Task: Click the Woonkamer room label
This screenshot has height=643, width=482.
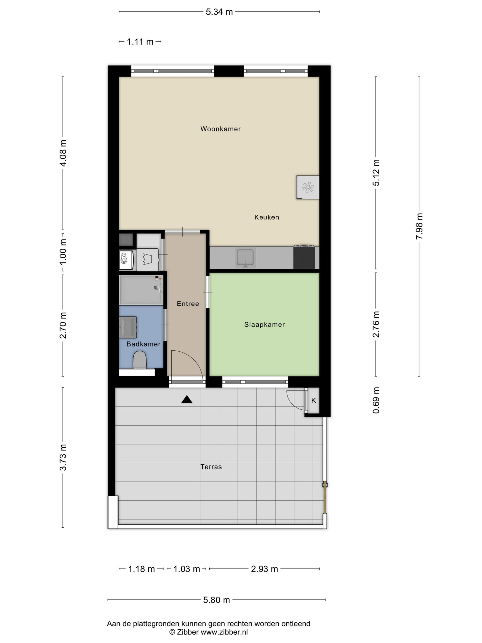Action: point(220,129)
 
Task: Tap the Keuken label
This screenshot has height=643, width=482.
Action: point(267,217)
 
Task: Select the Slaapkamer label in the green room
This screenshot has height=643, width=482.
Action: point(264,325)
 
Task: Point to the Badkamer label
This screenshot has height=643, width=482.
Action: point(144,344)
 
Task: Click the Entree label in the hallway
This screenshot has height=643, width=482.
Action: point(188,304)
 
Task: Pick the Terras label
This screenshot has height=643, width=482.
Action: point(211,467)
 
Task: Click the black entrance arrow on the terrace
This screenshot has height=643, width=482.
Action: point(187,400)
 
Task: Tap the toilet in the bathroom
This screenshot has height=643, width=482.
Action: point(140,360)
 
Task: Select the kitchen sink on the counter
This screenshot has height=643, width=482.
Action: point(246,257)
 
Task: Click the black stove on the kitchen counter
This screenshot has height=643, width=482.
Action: point(304,257)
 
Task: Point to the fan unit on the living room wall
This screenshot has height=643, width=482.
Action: point(308,187)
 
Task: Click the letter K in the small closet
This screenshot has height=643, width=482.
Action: point(314,401)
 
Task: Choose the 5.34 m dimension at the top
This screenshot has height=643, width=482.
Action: point(219,12)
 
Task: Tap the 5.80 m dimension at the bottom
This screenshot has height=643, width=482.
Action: point(216,600)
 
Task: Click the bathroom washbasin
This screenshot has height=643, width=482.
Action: point(128,327)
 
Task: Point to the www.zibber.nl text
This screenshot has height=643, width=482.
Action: point(224,632)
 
